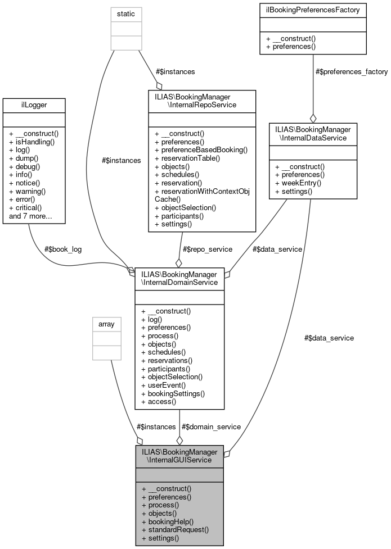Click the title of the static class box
click(125, 13)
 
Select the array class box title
click(106, 324)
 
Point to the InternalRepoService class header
click(201, 101)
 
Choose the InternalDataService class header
click(313, 133)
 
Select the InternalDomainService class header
click(179, 278)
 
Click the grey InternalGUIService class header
click(179, 456)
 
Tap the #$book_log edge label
click(63, 249)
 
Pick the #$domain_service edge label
click(211, 427)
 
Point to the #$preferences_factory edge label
click(352, 71)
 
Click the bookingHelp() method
click(168, 521)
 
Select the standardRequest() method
click(175, 529)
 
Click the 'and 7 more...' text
click(30, 215)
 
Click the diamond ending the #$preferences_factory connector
click(313, 119)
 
